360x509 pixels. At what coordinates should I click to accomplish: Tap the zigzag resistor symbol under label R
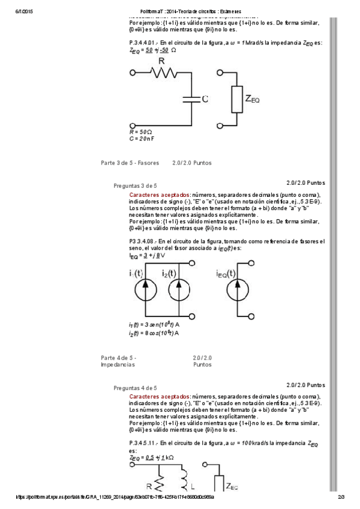point(161,73)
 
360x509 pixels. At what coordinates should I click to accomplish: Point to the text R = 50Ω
point(140,131)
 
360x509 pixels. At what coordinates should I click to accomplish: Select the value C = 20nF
point(142,139)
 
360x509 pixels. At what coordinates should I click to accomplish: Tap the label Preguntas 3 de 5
point(135,186)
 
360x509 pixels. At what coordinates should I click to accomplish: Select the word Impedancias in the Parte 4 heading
point(118,364)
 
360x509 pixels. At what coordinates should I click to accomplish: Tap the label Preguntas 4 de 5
point(135,388)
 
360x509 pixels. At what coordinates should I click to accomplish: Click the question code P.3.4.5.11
point(144,443)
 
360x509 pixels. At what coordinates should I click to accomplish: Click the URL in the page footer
point(113,497)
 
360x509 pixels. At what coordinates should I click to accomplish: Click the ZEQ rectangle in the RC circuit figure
point(236,100)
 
